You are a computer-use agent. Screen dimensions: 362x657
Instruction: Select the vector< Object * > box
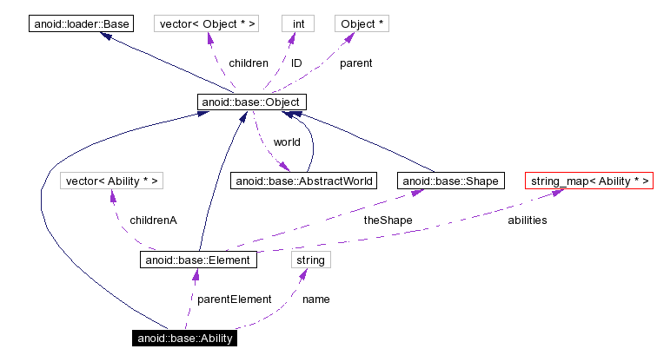[x=207, y=24]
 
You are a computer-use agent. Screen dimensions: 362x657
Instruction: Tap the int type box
[x=298, y=24]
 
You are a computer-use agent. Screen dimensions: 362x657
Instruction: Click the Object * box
[x=362, y=24]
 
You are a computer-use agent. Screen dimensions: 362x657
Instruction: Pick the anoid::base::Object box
[x=251, y=102]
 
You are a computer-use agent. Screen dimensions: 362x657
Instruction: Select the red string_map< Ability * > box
[x=587, y=181]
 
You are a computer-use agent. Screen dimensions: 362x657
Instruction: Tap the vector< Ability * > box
[x=113, y=181]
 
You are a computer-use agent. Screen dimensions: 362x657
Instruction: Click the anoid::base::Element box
[x=198, y=259]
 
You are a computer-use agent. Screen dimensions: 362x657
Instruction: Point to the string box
[x=310, y=259]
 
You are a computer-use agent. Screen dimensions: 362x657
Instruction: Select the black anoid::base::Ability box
[x=184, y=338]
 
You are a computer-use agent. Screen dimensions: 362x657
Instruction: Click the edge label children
[x=248, y=63]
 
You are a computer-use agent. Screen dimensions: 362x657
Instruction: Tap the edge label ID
[x=296, y=63]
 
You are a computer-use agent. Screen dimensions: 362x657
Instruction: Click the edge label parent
[x=355, y=63]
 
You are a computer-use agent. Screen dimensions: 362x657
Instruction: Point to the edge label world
[x=287, y=142]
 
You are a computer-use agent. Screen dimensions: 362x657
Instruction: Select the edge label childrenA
[x=153, y=220]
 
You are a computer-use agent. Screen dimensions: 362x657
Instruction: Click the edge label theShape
[x=388, y=220]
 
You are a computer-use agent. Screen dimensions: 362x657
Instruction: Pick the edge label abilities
[x=528, y=220]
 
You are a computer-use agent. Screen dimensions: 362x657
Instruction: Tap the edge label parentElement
[x=234, y=299]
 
